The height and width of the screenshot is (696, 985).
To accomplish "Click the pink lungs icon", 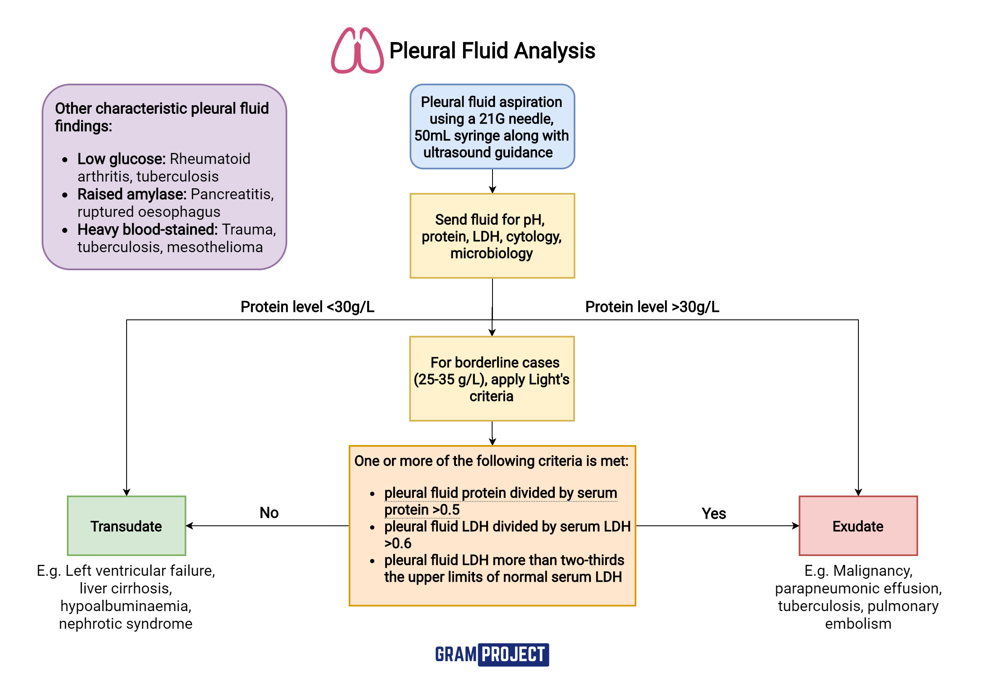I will pos(357,50).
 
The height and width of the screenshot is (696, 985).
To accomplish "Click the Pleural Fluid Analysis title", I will pos(492,50).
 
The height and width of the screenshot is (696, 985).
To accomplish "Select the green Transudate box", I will pos(127,526).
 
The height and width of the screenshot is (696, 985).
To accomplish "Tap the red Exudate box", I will pos(858,526).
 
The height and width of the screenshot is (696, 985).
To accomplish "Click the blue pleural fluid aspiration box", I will pos(492,127).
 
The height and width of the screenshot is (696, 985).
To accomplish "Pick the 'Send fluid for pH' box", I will pos(492,236).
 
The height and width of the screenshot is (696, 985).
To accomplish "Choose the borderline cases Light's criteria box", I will pos(492,379).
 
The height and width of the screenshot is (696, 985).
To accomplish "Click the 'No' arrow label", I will pos(269,513).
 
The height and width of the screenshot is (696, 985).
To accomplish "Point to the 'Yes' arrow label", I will pos(713,514).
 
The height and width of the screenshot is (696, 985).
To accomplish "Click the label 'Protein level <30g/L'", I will pos(307,307).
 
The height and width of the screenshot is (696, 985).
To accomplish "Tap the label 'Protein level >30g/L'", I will pos(651,307).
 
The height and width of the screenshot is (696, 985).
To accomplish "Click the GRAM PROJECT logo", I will pos(492,654).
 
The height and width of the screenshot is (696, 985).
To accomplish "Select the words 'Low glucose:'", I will pos(121,159).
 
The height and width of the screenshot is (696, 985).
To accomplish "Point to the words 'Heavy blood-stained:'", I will pos(147,229).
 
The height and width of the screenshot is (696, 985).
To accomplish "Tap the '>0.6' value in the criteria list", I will pos(398,543).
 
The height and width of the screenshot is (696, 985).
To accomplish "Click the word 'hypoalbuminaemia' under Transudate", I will pos(126,606).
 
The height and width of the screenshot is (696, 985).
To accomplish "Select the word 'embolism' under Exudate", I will pos(858,624).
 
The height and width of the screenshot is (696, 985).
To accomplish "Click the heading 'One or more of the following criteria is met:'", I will pos(491,461).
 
